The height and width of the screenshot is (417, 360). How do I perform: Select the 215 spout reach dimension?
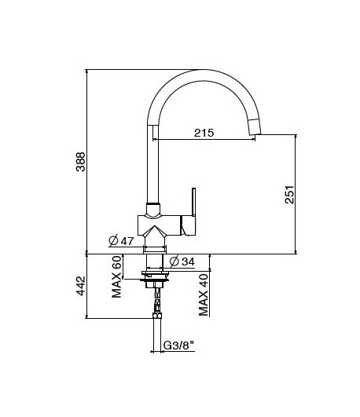204,133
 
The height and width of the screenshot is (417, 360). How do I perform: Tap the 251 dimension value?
288,195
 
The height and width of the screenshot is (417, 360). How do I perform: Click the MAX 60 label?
118,276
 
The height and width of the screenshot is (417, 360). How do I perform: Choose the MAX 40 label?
204,295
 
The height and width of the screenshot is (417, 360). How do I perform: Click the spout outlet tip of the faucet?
254,129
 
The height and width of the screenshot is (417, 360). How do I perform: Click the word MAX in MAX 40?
204,305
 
